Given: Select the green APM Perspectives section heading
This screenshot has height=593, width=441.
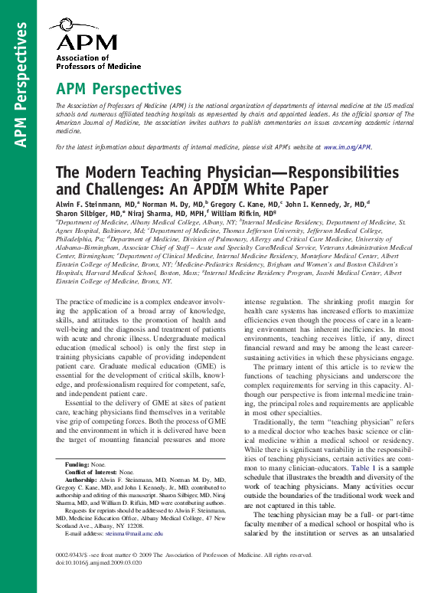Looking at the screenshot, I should point(119,90).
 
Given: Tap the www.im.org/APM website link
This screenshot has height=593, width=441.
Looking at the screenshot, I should point(347,146).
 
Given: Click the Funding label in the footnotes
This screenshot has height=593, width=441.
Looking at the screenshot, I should point(77,464).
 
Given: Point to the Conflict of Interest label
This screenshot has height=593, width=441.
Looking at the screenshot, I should point(91,473).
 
